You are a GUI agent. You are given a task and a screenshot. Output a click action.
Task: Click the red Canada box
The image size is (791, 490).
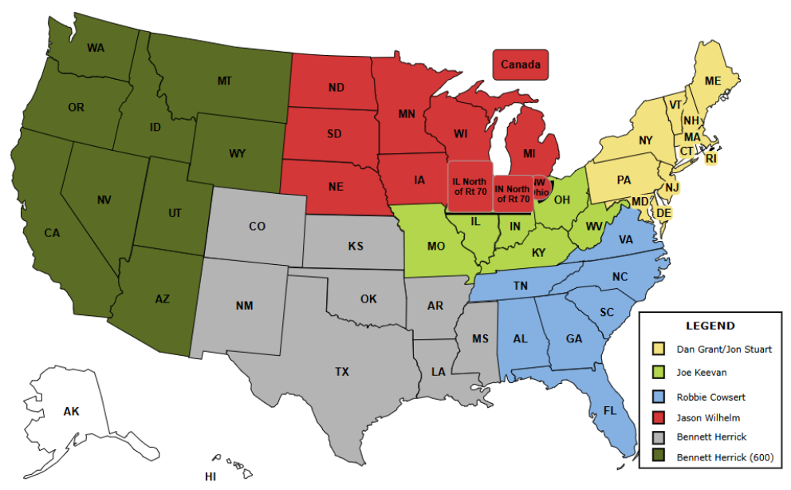521,64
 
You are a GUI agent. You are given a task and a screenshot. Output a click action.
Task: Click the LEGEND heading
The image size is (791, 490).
710,326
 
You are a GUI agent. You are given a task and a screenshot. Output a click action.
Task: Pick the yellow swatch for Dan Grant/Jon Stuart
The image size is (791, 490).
658,349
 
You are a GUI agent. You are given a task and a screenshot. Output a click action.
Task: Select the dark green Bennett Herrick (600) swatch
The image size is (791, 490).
658,457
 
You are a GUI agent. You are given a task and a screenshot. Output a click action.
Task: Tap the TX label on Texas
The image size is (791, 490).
341,371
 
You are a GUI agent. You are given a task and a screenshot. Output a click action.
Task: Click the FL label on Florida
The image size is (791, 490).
609,412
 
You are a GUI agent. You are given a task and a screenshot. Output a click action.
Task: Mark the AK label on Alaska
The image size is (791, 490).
72,412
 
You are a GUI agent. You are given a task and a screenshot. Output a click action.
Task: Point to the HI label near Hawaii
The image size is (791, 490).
211,476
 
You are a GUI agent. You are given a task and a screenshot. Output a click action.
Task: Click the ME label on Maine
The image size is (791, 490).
712,81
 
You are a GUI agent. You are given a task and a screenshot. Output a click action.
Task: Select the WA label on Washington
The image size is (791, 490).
96,48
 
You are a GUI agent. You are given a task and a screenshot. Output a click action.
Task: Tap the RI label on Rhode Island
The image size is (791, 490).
711,159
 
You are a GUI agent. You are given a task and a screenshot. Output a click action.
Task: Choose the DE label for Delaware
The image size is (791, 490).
663,213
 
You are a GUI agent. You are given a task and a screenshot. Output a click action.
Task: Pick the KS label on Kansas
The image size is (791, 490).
356,246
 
